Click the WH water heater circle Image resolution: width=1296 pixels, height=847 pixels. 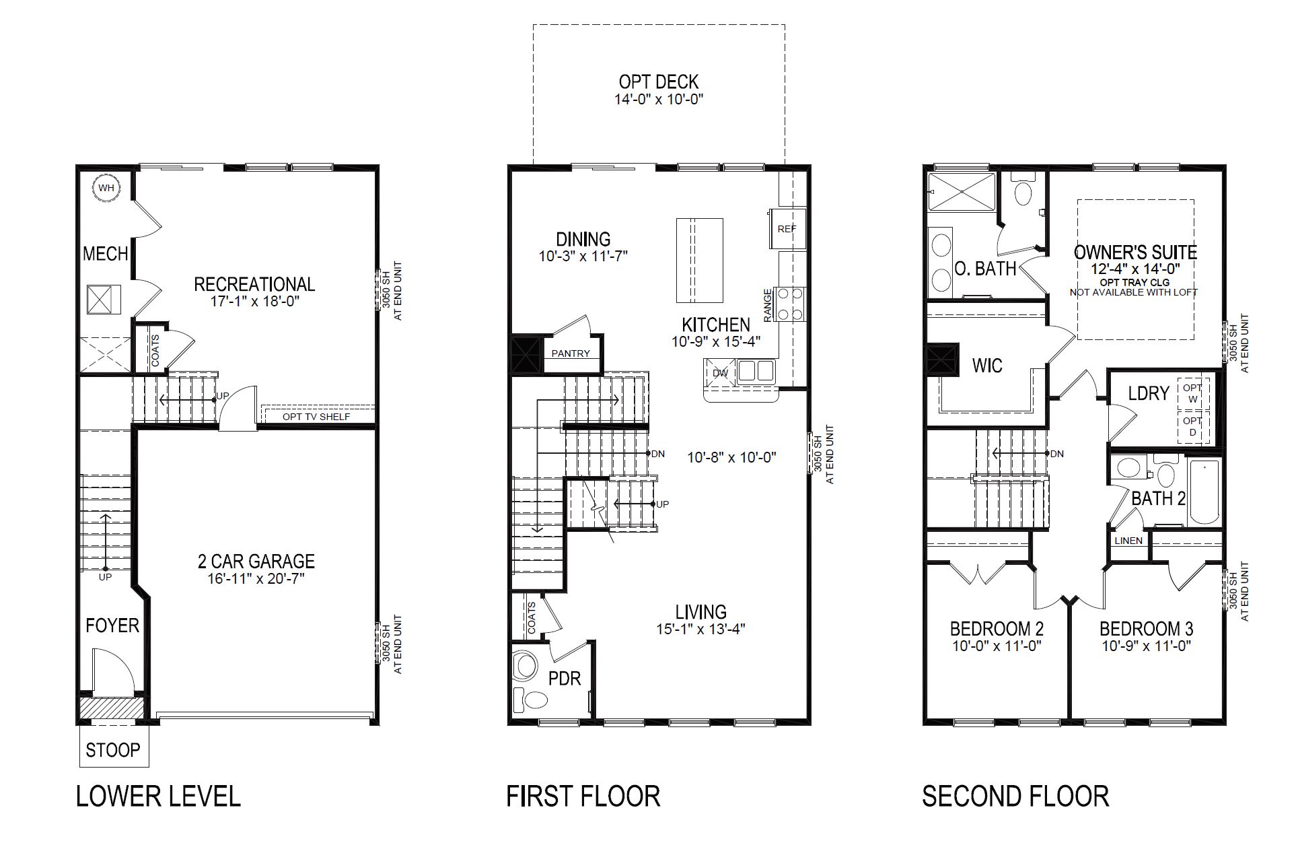[106, 188]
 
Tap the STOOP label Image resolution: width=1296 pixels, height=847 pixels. [113, 749]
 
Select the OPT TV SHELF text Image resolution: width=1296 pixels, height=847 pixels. [316, 417]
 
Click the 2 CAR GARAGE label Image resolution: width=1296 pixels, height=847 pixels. [256, 561]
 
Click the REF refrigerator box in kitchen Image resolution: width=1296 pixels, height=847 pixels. [785, 229]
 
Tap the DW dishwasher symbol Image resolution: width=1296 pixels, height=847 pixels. [720, 373]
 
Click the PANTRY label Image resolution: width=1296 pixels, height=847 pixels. [571, 353]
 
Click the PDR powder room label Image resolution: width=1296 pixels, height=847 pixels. [565, 678]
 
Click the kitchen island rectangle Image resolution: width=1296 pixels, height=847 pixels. [700, 260]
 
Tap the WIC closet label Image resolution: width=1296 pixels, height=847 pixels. [987, 366]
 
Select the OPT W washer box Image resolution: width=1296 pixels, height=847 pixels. [1192, 394]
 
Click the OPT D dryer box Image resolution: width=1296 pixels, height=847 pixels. [1192, 426]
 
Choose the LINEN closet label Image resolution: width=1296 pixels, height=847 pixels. [1128, 541]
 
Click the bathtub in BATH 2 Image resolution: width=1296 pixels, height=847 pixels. [1204, 493]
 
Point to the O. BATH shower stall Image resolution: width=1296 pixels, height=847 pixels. [961, 192]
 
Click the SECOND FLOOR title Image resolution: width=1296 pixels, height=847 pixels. [1015, 797]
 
